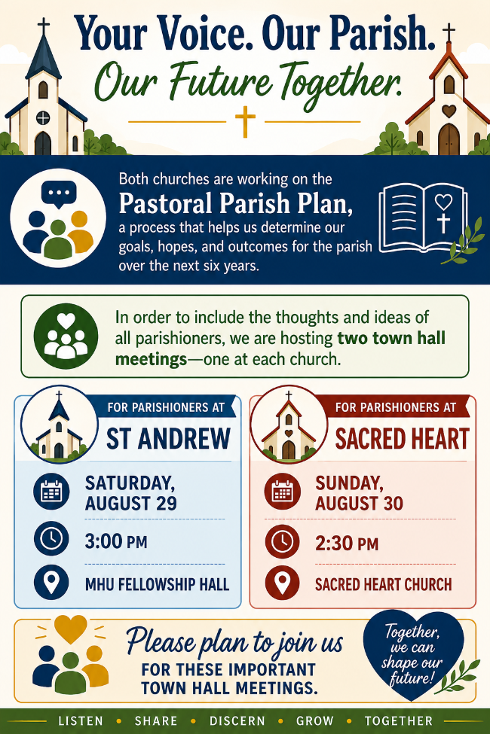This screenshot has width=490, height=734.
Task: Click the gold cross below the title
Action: [245, 121]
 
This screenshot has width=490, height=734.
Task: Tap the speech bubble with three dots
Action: [59, 193]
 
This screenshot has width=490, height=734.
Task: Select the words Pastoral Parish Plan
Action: [235, 203]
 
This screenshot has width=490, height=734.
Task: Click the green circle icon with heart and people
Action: [66, 336]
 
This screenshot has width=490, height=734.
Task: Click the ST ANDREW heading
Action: [168, 439]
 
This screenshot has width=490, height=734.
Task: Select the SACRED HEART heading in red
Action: [402, 439]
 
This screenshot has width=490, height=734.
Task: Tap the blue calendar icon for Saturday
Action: [51, 491]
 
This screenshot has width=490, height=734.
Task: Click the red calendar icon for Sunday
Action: [282, 492]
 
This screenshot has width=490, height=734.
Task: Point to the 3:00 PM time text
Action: [116, 541]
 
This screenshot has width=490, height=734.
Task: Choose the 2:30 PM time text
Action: [347, 544]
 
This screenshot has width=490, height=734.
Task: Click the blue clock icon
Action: [51, 538]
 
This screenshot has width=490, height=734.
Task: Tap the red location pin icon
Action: [282, 583]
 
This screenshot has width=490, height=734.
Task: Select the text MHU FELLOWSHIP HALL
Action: [157, 584]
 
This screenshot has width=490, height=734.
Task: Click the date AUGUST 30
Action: [359, 503]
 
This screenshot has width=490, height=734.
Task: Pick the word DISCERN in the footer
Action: [237, 721]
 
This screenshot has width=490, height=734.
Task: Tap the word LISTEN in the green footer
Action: [81, 721]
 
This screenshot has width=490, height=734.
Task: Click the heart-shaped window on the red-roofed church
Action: [449, 111]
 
